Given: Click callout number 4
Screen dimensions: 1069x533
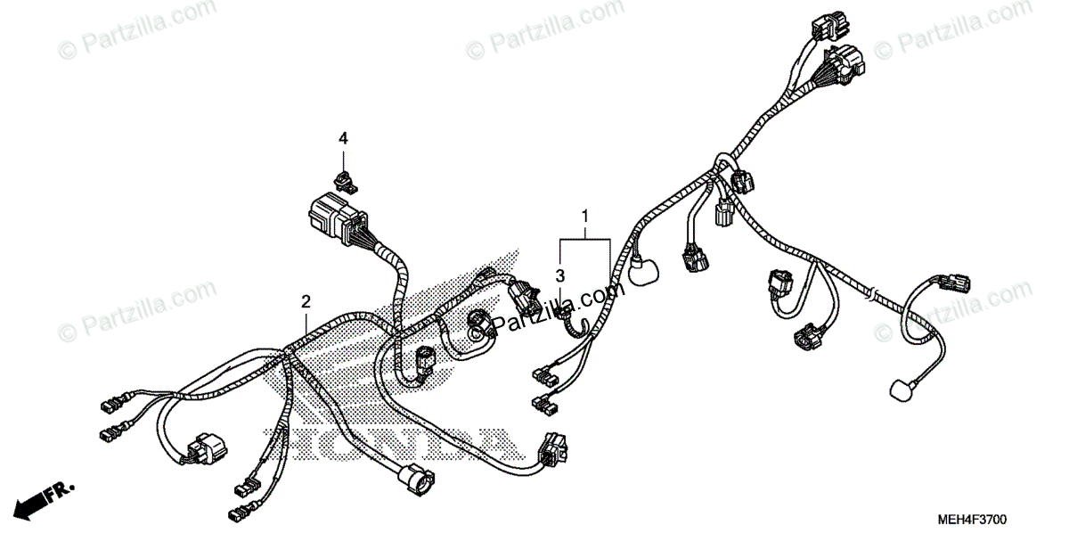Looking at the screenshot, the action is click(x=343, y=138).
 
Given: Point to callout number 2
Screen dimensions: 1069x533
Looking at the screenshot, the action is click(x=306, y=301).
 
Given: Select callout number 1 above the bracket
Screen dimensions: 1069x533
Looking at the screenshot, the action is click(x=585, y=216).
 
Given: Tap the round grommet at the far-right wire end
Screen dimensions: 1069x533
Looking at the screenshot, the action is click(x=902, y=389).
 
